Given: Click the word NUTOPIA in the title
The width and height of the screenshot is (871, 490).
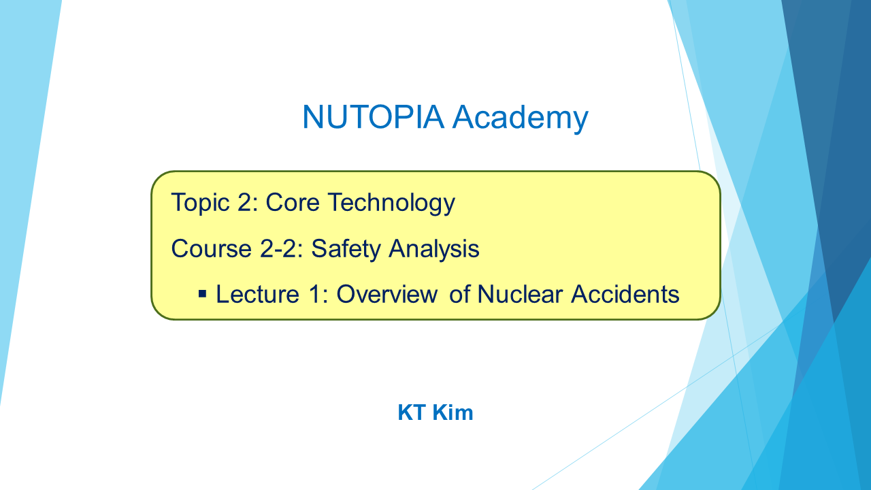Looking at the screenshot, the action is (x=373, y=116).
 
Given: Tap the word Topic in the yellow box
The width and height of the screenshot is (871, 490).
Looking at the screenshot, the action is (x=200, y=203).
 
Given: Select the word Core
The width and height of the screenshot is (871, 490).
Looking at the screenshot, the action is (x=293, y=203).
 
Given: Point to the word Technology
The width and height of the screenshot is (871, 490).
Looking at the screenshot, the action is (x=391, y=203).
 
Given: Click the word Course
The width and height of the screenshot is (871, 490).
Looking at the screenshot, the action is (x=211, y=248).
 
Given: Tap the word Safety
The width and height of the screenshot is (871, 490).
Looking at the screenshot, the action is (x=346, y=249).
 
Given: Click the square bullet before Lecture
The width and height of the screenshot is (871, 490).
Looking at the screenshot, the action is (x=202, y=293).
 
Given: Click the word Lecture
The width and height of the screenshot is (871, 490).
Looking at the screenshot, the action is (x=257, y=294).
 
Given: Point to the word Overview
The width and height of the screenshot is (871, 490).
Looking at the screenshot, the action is (x=387, y=294).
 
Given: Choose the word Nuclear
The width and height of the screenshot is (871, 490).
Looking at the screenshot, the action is (x=519, y=294).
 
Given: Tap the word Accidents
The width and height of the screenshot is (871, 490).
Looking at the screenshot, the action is (x=625, y=294).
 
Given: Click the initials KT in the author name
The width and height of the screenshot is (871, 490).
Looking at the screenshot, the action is (x=412, y=412).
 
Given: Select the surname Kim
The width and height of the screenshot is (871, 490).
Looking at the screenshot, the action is (x=453, y=412).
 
